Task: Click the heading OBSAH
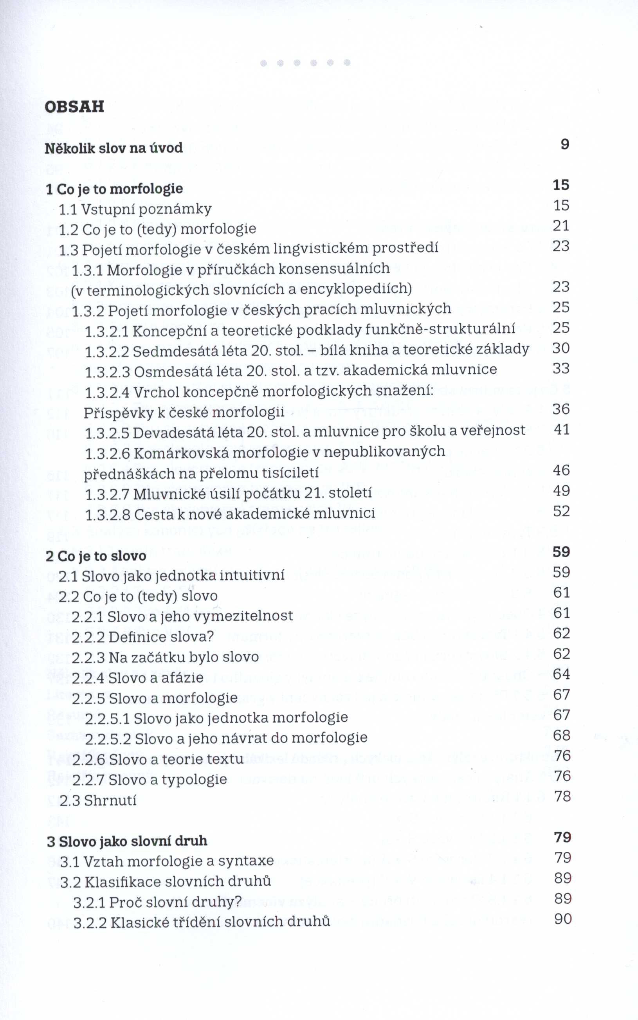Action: pyautogui.click(x=74, y=107)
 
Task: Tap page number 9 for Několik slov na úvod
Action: pyautogui.click(x=565, y=144)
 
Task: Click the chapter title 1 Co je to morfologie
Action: pyautogui.click(x=114, y=189)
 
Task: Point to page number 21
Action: pyautogui.click(x=561, y=226)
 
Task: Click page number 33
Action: pyautogui.click(x=561, y=368)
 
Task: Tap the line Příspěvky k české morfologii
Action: pyautogui.click(x=184, y=412)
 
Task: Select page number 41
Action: pyautogui.click(x=562, y=429)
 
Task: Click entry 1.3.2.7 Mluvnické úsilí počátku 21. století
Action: pyautogui.click(x=228, y=493)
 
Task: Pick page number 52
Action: pyautogui.click(x=562, y=511)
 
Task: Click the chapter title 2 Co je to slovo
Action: pyautogui.click(x=96, y=556)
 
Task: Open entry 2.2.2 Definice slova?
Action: pyautogui.click(x=143, y=636)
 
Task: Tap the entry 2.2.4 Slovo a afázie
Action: pyautogui.click(x=137, y=678)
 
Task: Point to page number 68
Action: pyautogui.click(x=562, y=735)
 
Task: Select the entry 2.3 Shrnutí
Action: pyautogui.click(x=98, y=800)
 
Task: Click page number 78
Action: pyautogui.click(x=562, y=797)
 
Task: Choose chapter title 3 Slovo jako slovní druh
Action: pyautogui.click(x=127, y=841)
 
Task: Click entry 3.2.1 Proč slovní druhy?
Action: pyautogui.click(x=157, y=902)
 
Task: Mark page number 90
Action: pyautogui.click(x=563, y=919)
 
